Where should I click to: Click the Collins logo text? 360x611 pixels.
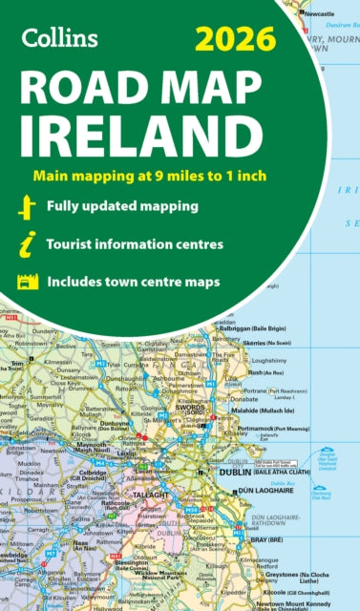coord(58,38)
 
